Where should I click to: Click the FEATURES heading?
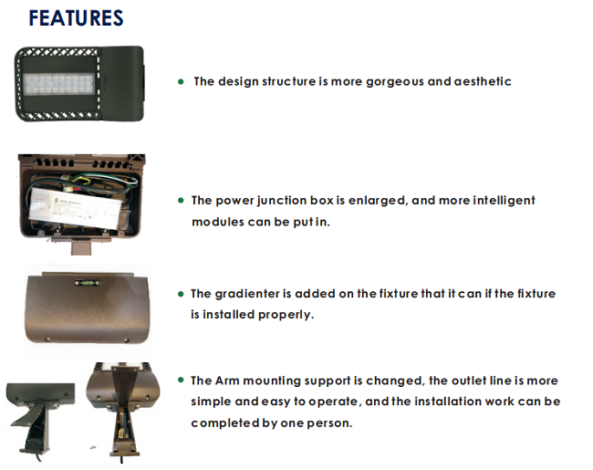point(76,18)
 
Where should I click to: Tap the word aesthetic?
point(483,81)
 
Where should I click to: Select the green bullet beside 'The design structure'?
point(181,82)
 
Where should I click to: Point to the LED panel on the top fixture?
point(58,84)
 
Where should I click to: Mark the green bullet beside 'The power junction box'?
point(181,200)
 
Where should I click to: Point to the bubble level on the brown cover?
point(88,283)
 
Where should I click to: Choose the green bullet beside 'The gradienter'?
point(181,294)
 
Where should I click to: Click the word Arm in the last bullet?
point(227,381)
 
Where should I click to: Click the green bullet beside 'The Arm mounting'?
point(181,380)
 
